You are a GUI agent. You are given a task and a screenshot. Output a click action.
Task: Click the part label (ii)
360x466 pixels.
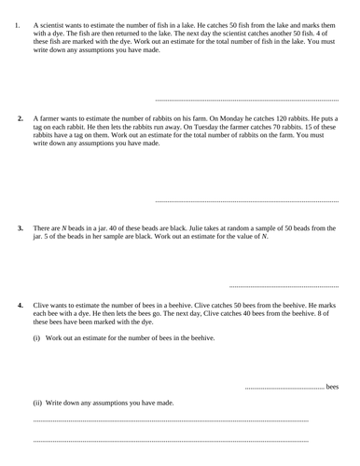click(x=38, y=403)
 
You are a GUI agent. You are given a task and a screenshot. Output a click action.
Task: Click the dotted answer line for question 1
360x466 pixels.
click(x=246, y=99)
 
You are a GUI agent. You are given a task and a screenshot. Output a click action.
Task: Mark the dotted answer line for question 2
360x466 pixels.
click(x=246, y=200)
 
